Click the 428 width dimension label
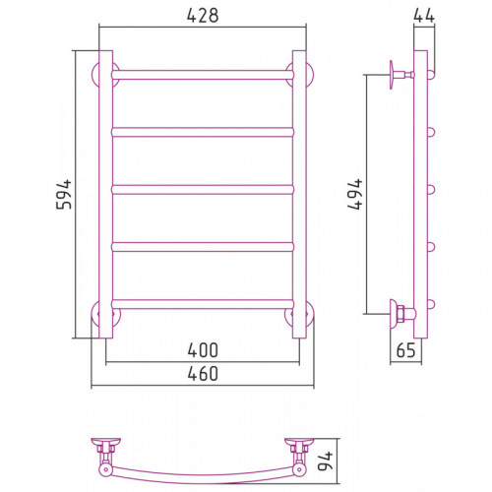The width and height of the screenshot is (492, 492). tap(203, 16)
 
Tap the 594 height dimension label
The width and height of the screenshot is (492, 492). tap(64, 194)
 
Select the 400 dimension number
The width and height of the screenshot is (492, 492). tap(203, 350)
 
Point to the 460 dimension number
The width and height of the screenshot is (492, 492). tap(203, 374)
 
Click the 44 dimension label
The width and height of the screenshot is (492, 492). tap(424, 16)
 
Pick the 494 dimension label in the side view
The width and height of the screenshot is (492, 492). tap(355, 194)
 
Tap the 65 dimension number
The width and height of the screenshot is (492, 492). tap(405, 350)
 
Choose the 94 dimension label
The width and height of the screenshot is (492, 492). tap(326, 461)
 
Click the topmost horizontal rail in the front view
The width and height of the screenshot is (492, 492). tap(203, 75)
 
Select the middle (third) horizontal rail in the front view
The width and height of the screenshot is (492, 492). tap(203, 190)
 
